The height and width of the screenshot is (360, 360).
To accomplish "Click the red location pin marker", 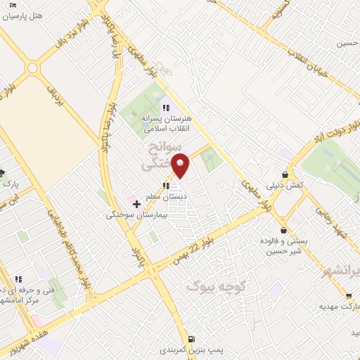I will (x=181, y=165).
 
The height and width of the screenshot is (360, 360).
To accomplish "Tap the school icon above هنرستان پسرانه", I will (x=165, y=108).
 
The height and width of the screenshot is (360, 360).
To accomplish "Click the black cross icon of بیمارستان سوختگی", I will (x=136, y=204).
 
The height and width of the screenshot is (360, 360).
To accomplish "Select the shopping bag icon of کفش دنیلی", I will (x=284, y=174).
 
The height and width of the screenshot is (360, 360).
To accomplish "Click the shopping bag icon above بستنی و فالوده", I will (x=283, y=230).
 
